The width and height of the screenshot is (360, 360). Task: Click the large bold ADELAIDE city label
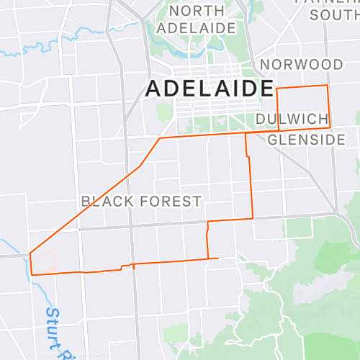(x=210, y=89)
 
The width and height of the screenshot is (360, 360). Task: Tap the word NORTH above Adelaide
(x=197, y=11)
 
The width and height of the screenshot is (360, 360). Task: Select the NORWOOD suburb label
(x=302, y=65)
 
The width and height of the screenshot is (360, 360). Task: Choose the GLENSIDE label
(x=307, y=140)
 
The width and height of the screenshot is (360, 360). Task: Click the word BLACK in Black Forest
(x=107, y=202)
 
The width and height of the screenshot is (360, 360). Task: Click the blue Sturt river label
(x=53, y=328)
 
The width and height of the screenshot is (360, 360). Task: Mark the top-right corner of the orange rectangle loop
(x=328, y=86)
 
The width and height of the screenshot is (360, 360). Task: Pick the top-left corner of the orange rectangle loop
(x=277, y=87)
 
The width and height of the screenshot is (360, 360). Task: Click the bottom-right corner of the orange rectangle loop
(x=330, y=127)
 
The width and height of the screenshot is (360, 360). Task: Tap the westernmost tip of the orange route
(x=30, y=253)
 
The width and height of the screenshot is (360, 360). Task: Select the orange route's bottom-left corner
(x=32, y=274)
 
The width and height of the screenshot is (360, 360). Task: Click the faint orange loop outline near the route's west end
(x=45, y=260)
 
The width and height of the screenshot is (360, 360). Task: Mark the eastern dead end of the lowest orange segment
(x=218, y=258)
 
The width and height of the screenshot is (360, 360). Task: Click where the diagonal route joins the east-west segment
(x=160, y=138)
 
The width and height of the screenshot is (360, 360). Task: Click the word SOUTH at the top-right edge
(x=334, y=14)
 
